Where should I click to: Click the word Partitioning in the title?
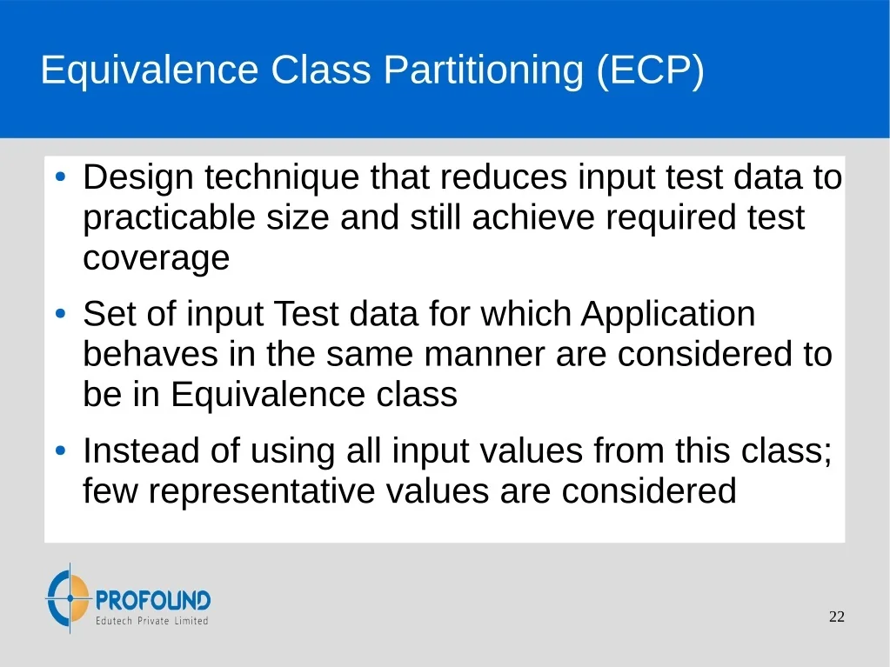484,71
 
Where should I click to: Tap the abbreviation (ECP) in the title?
651,71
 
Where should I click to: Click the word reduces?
504,177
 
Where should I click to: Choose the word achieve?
533,217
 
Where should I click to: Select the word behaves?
151,355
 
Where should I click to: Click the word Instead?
141,451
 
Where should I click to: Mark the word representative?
262,491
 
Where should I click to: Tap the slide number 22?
837,617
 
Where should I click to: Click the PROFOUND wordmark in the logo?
153,600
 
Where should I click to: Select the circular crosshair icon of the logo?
69,597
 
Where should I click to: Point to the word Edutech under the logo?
113,621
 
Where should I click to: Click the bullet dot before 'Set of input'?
61,314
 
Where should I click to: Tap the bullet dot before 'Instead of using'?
61,451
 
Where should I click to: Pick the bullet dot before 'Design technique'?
61,177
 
